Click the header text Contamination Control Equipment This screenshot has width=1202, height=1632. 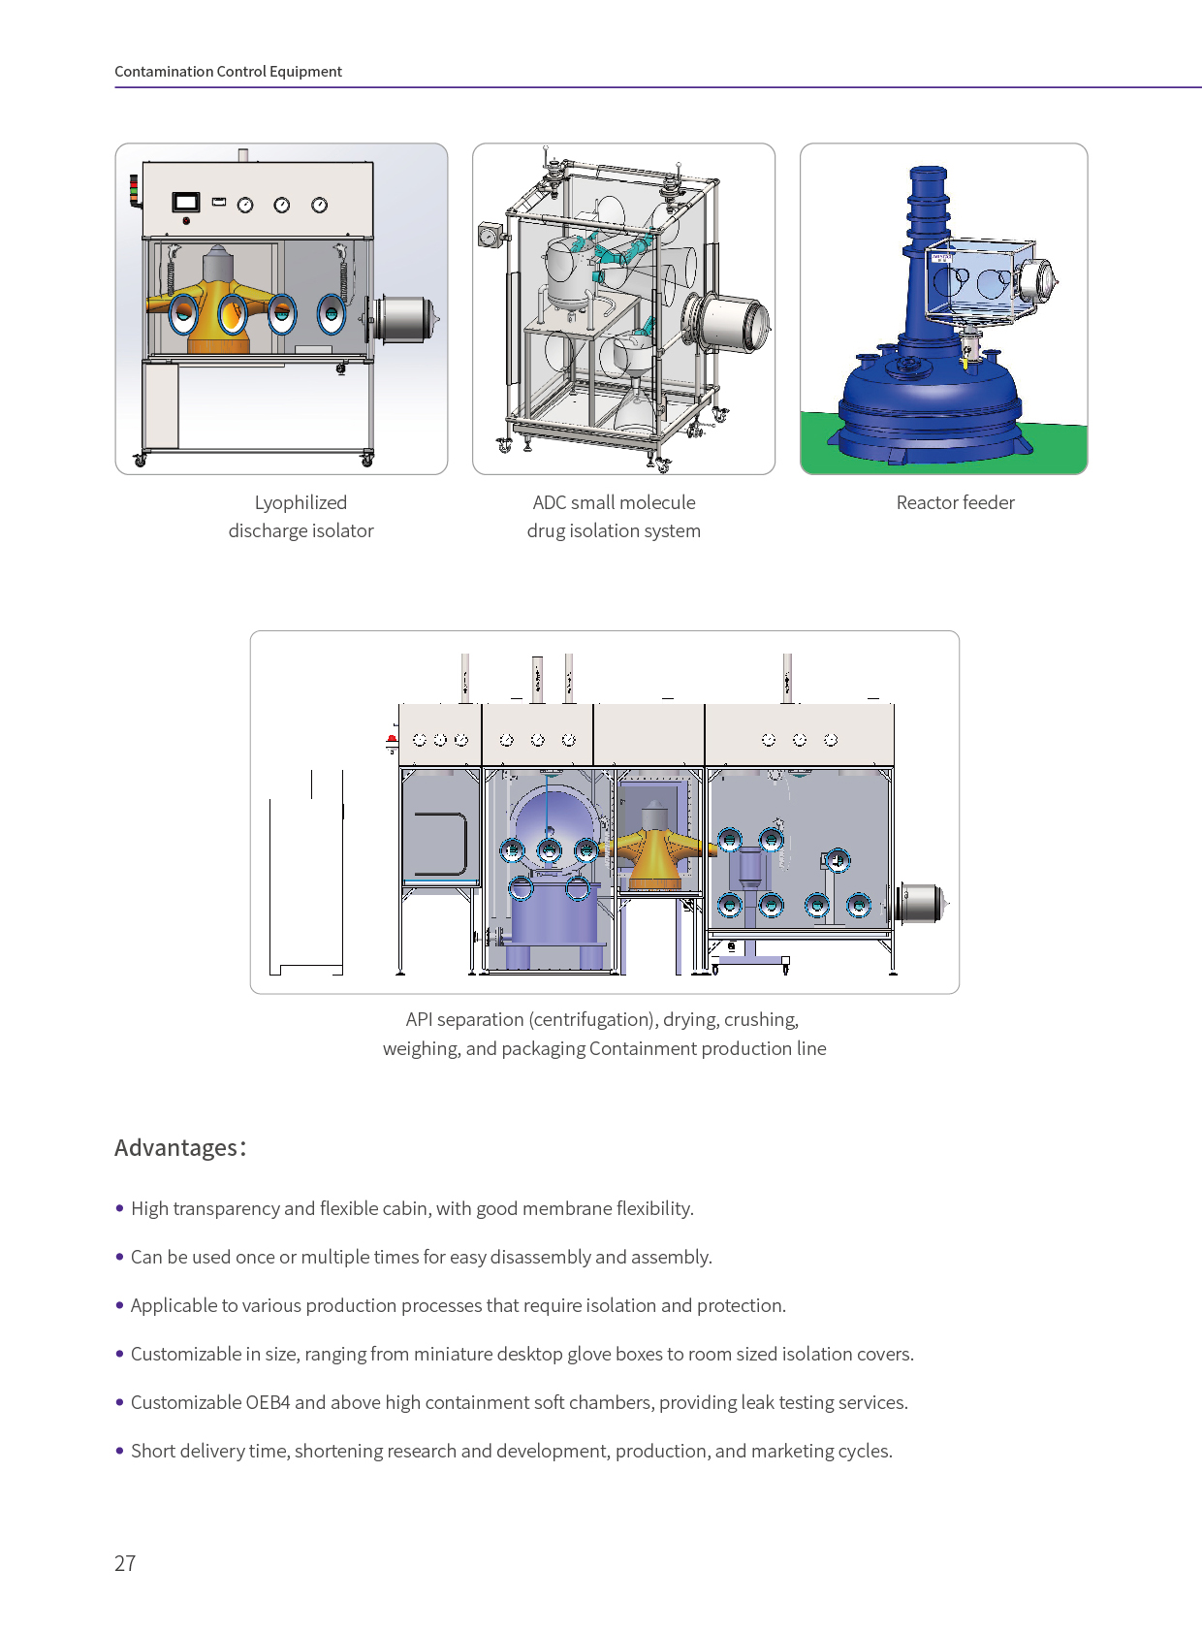228,72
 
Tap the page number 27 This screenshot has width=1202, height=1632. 125,1563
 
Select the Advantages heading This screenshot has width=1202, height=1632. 180,1147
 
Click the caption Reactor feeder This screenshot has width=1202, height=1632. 955,502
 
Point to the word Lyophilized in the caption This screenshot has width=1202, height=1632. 300,502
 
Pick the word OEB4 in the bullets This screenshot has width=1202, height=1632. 269,1402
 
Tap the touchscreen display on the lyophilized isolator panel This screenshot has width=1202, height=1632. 186,202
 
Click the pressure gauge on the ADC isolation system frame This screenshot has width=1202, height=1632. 487,236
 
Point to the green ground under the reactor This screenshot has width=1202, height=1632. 1057,441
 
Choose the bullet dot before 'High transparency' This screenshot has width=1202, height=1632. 119,1208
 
